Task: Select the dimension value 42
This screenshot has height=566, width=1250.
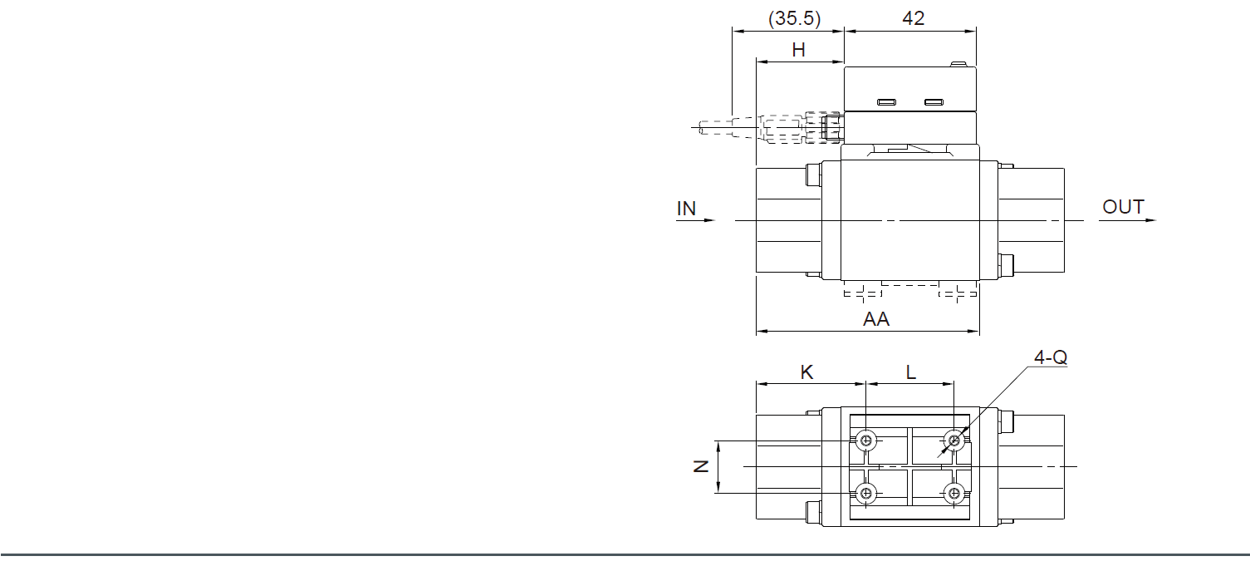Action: pyautogui.click(x=913, y=18)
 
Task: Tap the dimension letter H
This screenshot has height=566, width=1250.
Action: pyautogui.click(x=798, y=50)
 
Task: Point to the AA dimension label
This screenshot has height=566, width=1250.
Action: pyautogui.click(x=876, y=319)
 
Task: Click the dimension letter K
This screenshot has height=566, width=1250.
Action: pyautogui.click(x=806, y=372)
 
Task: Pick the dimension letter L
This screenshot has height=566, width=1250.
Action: pyautogui.click(x=911, y=372)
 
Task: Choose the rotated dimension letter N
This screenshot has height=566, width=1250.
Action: pyautogui.click(x=701, y=466)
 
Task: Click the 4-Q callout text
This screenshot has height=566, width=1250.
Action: pyautogui.click(x=1050, y=357)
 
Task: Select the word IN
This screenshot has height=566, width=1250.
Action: pyautogui.click(x=686, y=208)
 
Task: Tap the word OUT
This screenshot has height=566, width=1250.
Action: pyautogui.click(x=1123, y=207)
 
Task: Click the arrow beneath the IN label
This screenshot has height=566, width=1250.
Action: pyautogui.click(x=696, y=220)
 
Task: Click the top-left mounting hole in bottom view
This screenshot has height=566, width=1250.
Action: pyautogui.click(x=867, y=440)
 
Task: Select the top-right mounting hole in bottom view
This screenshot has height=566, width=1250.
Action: pyautogui.click(x=954, y=440)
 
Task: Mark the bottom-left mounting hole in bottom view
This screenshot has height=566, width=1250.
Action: pyautogui.click(x=867, y=494)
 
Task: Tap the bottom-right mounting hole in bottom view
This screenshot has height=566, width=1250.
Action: pyautogui.click(x=954, y=494)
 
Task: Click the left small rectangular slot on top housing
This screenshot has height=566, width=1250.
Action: pyautogui.click(x=886, y=102)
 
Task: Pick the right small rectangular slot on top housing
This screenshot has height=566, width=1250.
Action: pyautogui.click(x=934, y=102)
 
